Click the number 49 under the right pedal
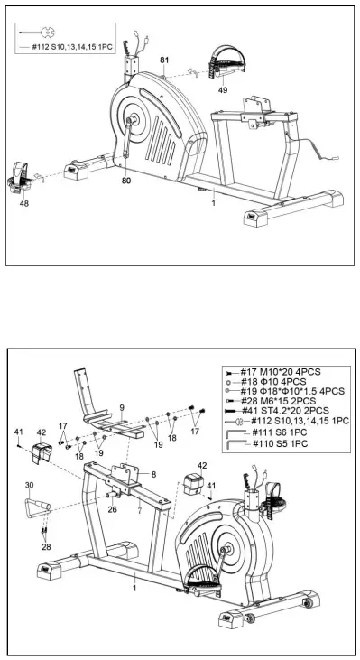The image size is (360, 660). (222, 89)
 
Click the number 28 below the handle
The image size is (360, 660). (43, 547)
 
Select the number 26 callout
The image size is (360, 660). (113, 507)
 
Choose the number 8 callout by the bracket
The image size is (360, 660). (152, 474)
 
